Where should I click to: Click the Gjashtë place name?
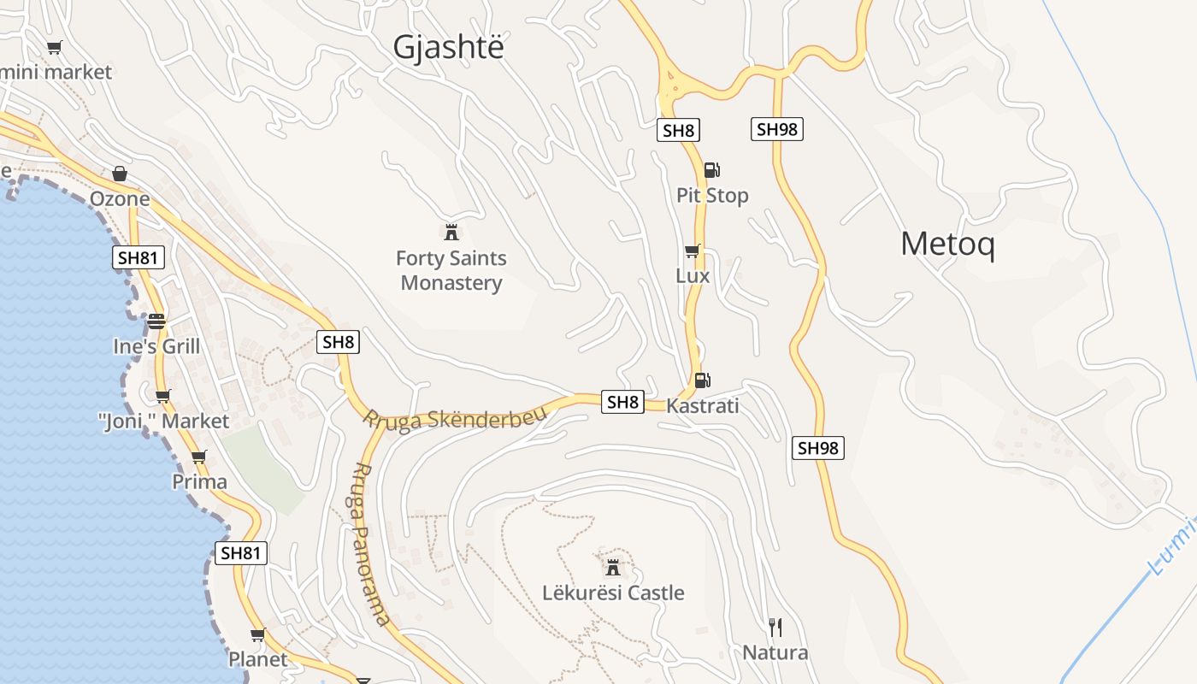(x=448, y=48)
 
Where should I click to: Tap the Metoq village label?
(x=947, y=245)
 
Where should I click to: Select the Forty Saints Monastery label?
(x=451, y=270)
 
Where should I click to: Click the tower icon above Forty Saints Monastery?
(x=451, y=232)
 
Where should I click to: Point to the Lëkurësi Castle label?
(x=613, y=593)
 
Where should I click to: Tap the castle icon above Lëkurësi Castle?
(x=613, y=567)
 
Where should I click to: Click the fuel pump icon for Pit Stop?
(x=711, y=170)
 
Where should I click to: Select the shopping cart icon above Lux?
(x=692, y=251)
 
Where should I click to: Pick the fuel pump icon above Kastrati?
(x=702, y=380)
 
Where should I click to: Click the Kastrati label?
(x=702, y=405)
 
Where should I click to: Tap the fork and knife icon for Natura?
(x=775, y=628)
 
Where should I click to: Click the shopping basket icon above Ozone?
(x=120, y=174)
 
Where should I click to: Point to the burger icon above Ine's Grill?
(x=156, y=321)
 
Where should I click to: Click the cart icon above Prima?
(x=199, y=457)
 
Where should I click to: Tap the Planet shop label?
(x=257, y=659)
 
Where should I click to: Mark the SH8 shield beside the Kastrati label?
(x=622, y=402)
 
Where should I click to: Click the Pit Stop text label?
(x=712, y=195)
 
